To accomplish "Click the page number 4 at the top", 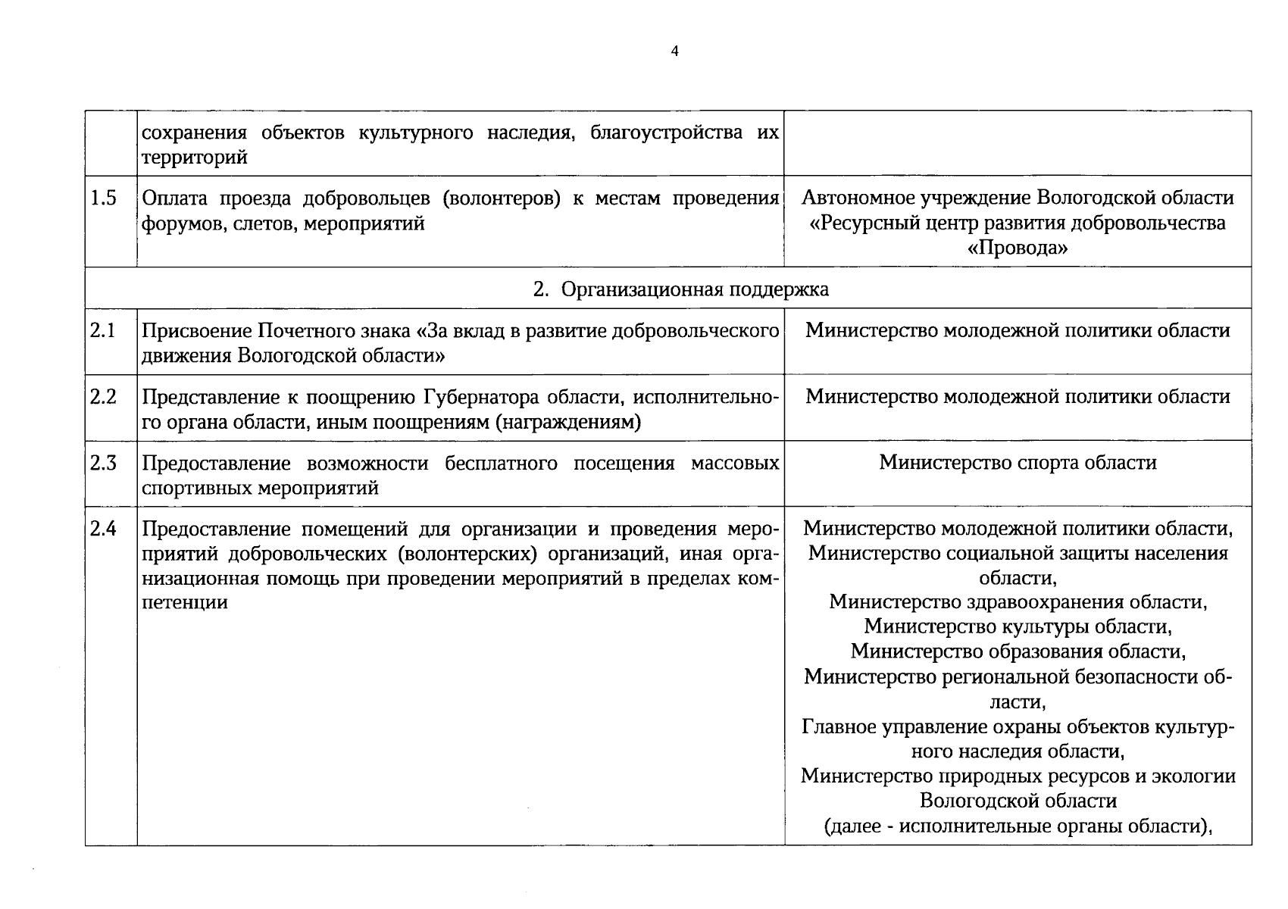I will (x=675, y=52).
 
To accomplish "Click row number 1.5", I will (x=104, y=198).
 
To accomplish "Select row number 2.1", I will (x=103, y=331).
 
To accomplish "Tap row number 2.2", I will (x=103, y=397).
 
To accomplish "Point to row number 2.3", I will (x=103, y=463).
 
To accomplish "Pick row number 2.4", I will (x=103, y=529).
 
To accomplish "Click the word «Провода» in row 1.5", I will (x=1018, y=248).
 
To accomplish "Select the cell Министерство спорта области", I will (x=1018, y=463).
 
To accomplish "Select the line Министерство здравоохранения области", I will (x=1018, y=602).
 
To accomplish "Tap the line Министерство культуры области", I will (x=1018, y=626).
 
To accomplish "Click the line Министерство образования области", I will (x=1018, y=651).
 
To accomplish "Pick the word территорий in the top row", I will (x=195, y=158).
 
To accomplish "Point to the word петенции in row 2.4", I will (x=185, y=603).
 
